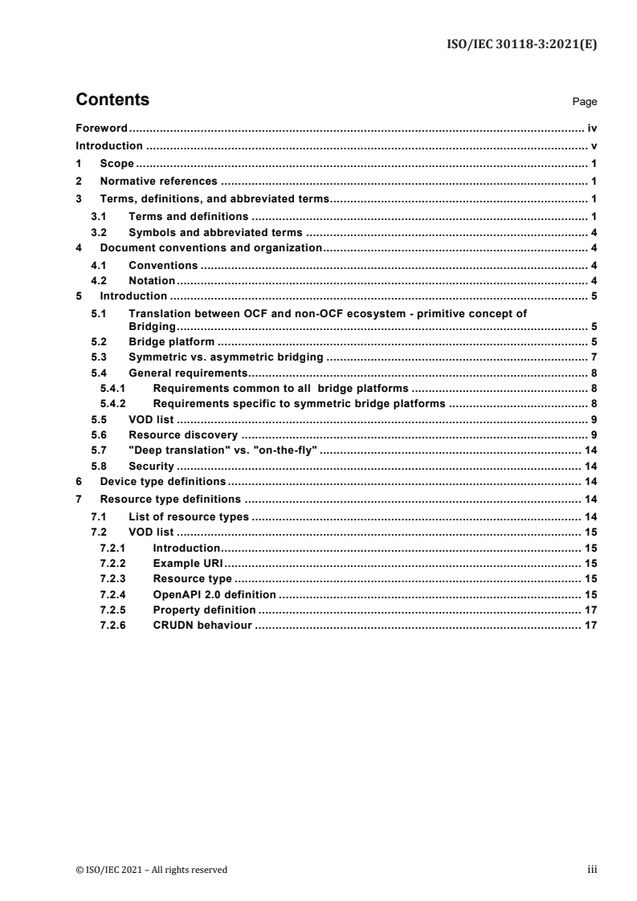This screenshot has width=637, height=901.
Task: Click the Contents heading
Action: click(x=112, y=100)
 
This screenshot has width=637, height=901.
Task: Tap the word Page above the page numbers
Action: click(x=584, y=103)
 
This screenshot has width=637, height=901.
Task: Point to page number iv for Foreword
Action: click(x=590, y=128)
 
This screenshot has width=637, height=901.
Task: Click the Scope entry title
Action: click(x=116, y=164)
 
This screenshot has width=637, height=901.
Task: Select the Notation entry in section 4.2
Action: click(x=152, y=280)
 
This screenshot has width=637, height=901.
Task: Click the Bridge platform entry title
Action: click(x=171, y=340)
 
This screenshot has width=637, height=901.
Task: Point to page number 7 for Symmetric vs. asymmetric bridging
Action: click(x=593, y=356)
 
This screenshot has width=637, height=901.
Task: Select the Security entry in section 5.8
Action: click(x=151, y=466)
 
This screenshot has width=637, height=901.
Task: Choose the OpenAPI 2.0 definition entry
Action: click(x=214, y=594)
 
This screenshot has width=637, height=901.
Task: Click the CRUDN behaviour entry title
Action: click(x=202, y=626)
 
